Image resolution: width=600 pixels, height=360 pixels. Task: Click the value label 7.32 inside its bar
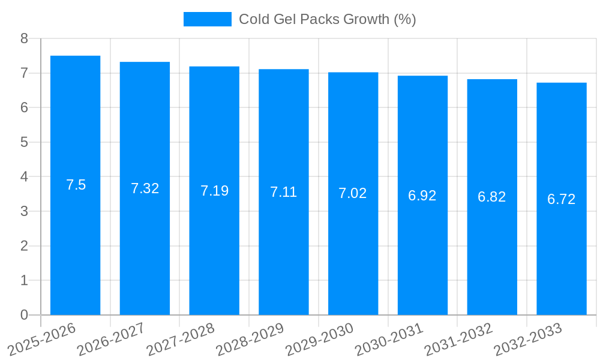click(145, 188)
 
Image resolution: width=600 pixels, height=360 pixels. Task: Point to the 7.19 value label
click(214, 191)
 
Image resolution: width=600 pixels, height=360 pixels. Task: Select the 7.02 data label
click(353, 193)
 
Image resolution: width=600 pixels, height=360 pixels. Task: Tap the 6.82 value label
click(492, 197)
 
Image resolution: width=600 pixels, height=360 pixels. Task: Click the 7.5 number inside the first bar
click(76, 185)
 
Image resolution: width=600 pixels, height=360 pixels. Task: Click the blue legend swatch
click(207, 19)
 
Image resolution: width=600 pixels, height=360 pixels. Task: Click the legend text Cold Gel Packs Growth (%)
click(327, 19)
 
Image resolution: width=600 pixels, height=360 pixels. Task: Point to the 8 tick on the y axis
click(24, 38)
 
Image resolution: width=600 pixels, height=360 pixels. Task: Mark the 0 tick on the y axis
click(24, 315)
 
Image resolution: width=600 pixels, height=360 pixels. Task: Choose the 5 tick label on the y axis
click(24, 142)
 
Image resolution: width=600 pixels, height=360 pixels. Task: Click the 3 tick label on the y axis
click(24, 211)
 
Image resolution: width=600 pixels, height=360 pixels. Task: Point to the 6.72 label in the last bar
click(562, 199)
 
